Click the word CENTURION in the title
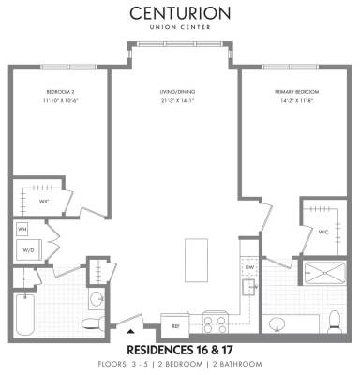pyautogui.click(x=179, y=14)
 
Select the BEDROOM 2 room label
pyautogui.click(x=61, y=91)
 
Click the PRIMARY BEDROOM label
pyautogui.click(x=287, y=91)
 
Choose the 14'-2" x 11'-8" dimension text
pyautogui.click(x=287, y=99)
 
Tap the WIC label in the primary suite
pyautogui.click(x=322, y=231)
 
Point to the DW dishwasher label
pyautogui.click(x=249, y=266)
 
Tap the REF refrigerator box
pyautogui.click(x=175, y=325)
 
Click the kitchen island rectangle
pyautogui.click(x=196, y=256)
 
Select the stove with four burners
pyautogui.click(x=215, y=323)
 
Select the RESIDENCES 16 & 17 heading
pyautogui.click(x=179, y=348)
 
